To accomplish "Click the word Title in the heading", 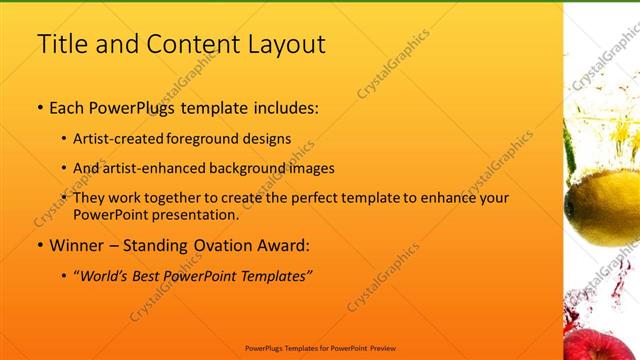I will point(59,44).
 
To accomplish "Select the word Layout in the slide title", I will point(283,44).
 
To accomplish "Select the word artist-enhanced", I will point(148,168).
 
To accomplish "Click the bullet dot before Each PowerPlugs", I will point(39,106).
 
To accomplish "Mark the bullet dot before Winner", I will point(39,246).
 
